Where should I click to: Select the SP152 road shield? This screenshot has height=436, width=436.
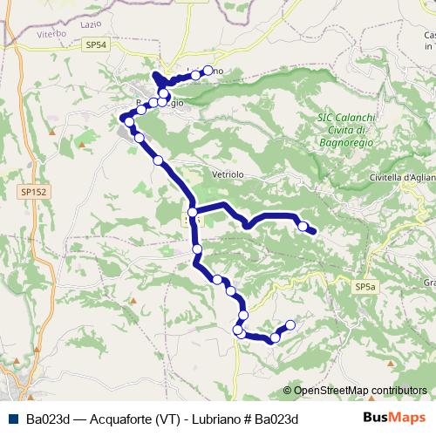(33, 189)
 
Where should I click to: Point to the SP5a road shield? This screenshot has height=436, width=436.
(364, 286)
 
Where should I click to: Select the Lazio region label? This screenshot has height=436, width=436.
(92, 26)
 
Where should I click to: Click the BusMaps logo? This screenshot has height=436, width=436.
(394, 418)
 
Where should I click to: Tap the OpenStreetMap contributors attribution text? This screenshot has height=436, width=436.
(359, 391)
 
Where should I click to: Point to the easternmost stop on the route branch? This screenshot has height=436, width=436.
(303, 227)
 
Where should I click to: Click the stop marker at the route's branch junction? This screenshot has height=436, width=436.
(192, 212)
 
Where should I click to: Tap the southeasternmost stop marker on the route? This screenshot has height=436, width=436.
(290, 325)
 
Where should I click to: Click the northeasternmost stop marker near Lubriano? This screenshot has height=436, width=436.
(196, 74)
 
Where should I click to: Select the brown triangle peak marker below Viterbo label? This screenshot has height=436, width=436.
(52, 133)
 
